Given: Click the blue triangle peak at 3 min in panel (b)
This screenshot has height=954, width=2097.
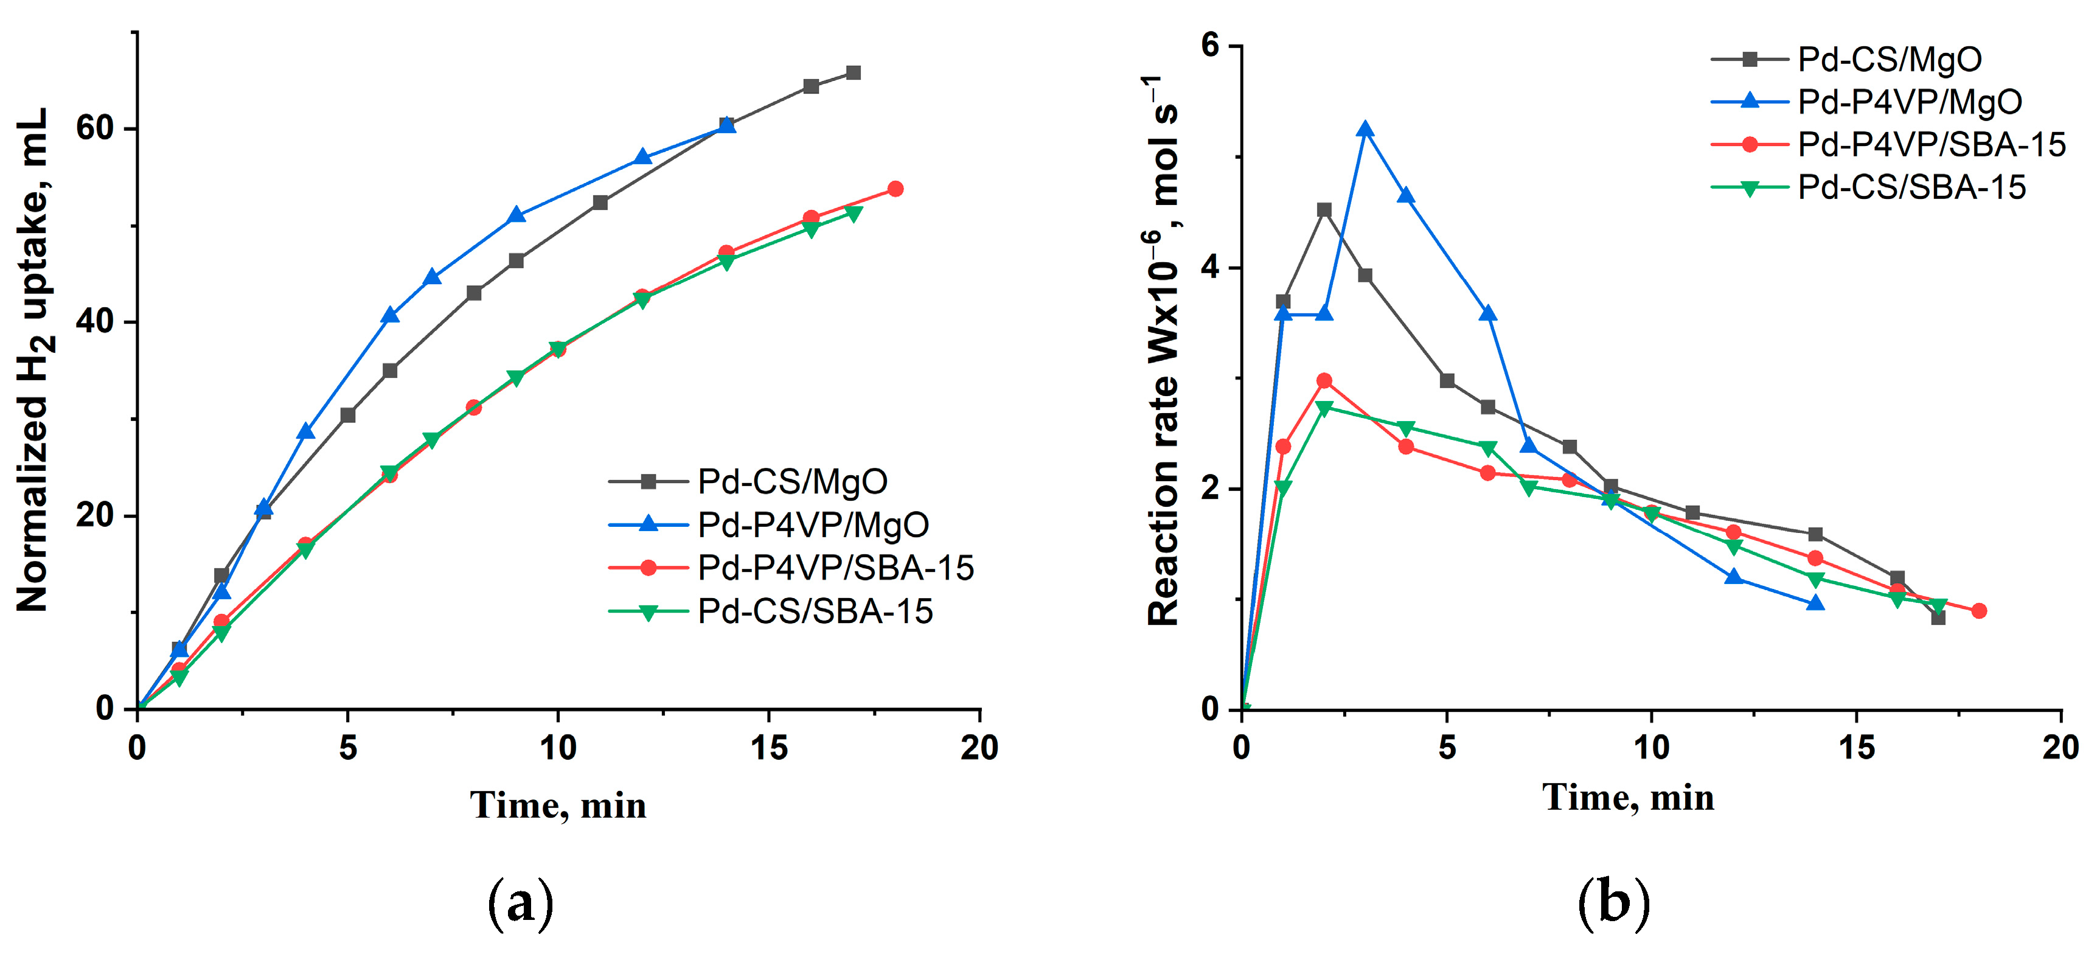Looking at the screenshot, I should point(1365,130).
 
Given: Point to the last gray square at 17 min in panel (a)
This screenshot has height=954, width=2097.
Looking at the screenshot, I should point(853,73).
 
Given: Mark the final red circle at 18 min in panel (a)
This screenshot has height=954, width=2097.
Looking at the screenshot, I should point(895,189).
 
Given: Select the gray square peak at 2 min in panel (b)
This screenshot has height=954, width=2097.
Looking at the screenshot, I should point(1324,210).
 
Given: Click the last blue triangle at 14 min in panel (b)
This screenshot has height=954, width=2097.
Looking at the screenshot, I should point(1815,603).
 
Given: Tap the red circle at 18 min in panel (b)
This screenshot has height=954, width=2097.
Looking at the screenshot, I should point(1979,610).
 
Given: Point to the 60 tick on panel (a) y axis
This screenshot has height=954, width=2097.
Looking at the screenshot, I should point(94,128).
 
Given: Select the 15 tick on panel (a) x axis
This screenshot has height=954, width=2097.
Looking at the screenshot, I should point(768,747).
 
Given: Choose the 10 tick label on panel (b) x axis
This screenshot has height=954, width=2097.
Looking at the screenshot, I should point(1651,747).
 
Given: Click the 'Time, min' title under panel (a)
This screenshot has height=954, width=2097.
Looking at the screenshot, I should point(558,806).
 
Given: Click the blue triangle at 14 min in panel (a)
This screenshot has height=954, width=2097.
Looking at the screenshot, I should point(727,125).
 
